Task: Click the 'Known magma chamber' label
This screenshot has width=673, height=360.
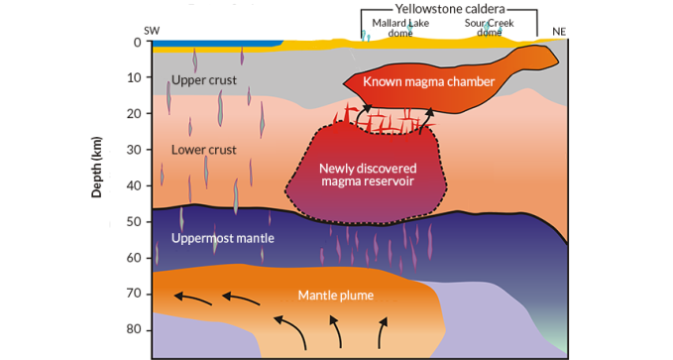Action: coord(427,81)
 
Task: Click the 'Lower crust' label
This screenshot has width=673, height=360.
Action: coord(203,151)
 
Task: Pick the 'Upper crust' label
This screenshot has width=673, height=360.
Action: coord(204,79)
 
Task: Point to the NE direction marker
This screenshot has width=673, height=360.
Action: coord(558,32)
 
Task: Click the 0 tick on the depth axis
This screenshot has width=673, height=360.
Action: coord(138,43)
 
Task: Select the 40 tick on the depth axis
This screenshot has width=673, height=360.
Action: coord(135,186)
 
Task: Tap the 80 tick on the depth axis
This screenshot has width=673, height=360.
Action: coord(135,330)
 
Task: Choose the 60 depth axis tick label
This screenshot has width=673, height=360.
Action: coord(135,258)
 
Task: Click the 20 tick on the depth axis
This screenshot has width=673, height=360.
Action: coord(135,114)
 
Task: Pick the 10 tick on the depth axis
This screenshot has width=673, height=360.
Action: coord(135,78)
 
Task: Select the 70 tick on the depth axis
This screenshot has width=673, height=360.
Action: coord(135,295)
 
